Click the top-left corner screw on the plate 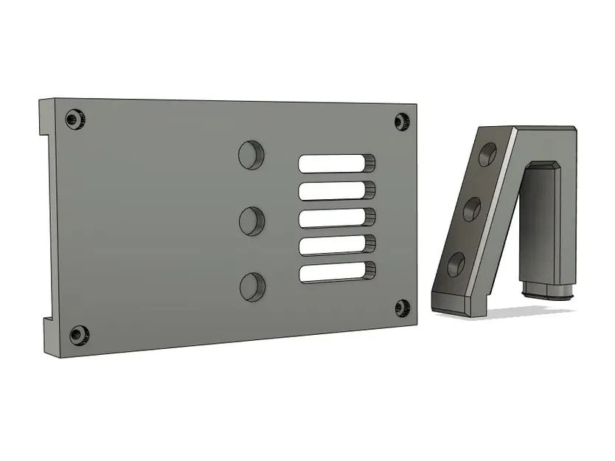(74, 118)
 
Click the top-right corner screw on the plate (402, 122)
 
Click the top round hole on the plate (251, 153)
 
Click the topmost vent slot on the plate (336, 164)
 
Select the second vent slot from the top (336, 191)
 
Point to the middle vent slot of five (336, 218)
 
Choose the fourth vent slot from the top (336, 246)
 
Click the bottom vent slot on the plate (336, 272)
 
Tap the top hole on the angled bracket (488, 154)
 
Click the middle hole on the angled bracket (472, 209)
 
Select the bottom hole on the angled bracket (456, 263)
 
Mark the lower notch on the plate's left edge (46, 323)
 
